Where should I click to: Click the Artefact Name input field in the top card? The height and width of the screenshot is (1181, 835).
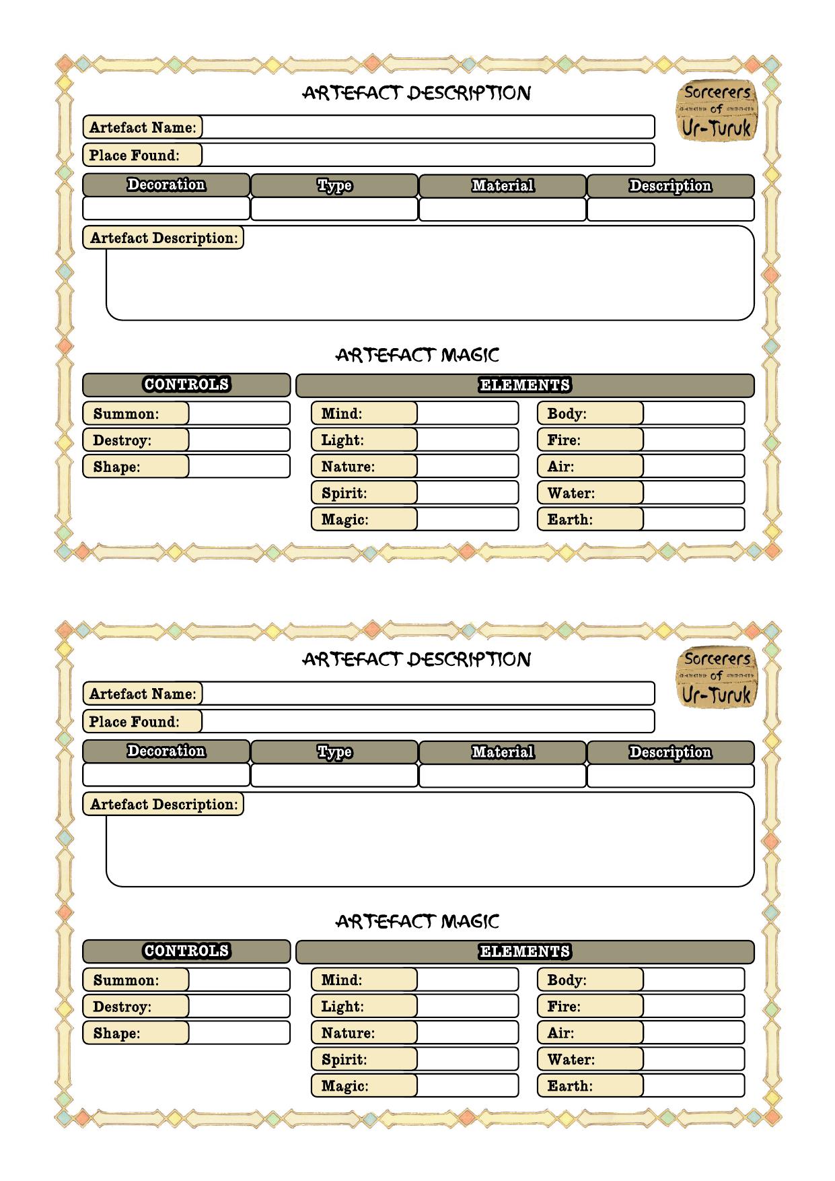tap(427, 127)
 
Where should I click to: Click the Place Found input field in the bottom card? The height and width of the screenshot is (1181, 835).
tap(427, 721)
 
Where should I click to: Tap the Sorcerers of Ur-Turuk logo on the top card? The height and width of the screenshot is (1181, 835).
tap(717, 111)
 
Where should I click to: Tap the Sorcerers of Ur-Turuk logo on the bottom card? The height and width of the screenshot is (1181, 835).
tap(717, 677)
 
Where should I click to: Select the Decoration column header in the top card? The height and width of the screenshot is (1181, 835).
tap(166, 185)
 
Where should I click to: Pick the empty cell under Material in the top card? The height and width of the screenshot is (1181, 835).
tap(503, 209)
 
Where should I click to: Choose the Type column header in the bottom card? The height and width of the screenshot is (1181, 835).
tap(334, 751)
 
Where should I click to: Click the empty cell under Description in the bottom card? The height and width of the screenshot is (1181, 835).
tap(670, 776)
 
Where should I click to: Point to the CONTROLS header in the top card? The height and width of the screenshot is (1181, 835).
tap(186, 385)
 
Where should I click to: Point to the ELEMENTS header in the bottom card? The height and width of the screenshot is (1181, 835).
tap(525, 951)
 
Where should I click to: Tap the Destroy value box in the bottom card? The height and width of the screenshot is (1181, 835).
tap(239, 1006)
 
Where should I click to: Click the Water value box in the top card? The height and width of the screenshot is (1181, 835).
tap(693, 492)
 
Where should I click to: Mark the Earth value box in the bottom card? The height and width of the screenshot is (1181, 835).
tap(693, 1085)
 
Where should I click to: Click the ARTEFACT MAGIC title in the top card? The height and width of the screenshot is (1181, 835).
tap(417, 355)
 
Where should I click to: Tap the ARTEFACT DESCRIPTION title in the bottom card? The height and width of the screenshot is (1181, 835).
tap(417, 659)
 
